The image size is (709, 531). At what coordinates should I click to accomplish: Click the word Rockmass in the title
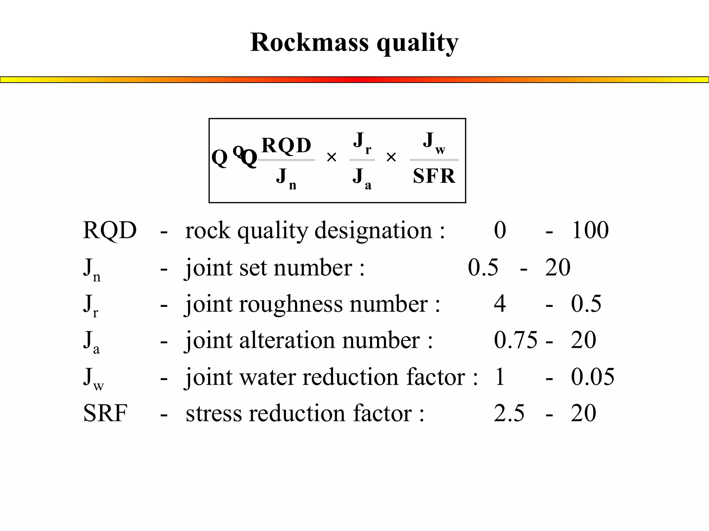[309, 43]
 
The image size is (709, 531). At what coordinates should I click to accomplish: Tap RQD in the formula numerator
[286, 145]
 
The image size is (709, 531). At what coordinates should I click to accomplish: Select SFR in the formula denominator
[434, 176]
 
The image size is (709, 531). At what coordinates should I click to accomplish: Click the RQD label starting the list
[110, 230]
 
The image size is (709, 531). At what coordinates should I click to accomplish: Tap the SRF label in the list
[105, 413]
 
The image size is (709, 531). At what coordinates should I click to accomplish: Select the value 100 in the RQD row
[590, 230]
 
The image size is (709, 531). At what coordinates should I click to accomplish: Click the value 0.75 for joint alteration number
[515, 340]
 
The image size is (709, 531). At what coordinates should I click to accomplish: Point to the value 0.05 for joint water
[592, 376]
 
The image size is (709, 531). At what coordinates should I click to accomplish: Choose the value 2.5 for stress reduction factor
[509, 413]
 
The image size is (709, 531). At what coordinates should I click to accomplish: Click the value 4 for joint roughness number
[500, 304]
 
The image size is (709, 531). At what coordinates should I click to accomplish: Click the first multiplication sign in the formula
[331, 158]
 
